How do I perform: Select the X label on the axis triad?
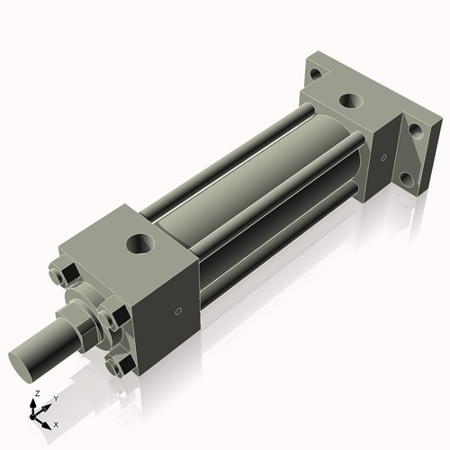pos(56,423)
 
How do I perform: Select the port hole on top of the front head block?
pos(140,242)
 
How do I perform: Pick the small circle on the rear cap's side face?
pos(383,158)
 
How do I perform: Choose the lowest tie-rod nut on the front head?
pos(118,364)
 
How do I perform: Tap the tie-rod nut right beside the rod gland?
pos(109,319)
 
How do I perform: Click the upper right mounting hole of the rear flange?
pos(415,129)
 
